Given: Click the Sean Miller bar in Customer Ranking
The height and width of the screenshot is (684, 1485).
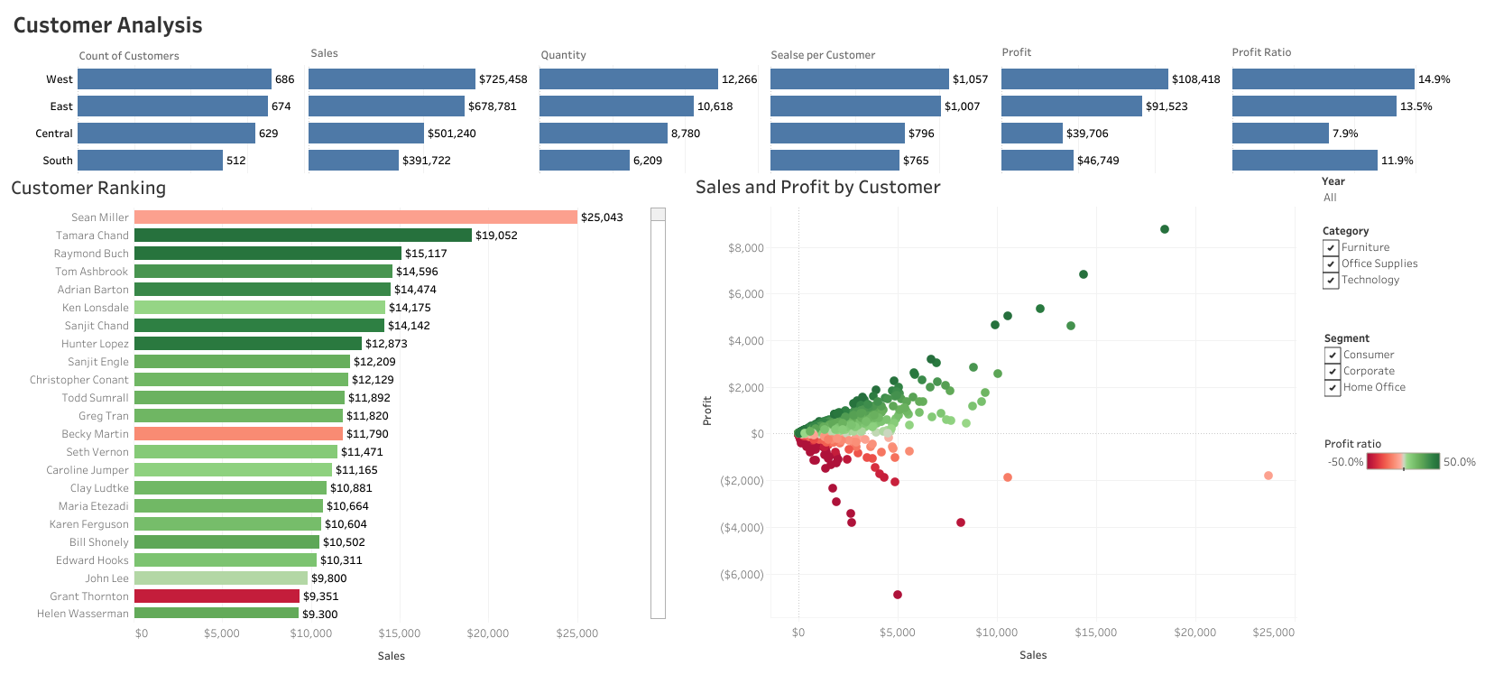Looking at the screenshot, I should pos(355,217).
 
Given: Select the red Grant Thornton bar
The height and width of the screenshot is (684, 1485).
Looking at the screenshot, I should pos(217,596).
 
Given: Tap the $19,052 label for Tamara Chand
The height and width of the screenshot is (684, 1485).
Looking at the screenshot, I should pos(496,236).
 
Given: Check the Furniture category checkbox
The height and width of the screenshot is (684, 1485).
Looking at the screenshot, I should pos(1331,248).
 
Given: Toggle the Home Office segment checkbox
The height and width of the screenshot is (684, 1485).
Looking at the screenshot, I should pos(1333,388).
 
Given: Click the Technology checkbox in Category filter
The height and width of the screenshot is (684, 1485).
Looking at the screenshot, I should pos(1331,281).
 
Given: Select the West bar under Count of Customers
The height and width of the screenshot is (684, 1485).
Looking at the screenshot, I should pos(174,79).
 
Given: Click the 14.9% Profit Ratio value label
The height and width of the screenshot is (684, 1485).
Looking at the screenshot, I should pos(1434,79).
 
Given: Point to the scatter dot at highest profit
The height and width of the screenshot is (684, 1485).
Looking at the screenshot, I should pos(1165,229).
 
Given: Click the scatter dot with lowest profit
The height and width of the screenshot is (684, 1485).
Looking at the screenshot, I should pos(898,595).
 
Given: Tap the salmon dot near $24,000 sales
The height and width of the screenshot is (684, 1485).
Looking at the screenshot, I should pos(1268,476).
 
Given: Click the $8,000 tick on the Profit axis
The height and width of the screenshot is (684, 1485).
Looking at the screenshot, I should pos(745,248).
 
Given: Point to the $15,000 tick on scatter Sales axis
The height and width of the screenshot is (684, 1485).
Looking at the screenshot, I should pos(1095,633).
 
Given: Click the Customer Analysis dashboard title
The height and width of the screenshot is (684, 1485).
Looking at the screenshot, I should pos(107,25).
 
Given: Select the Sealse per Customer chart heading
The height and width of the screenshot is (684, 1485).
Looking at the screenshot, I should pos(822,55).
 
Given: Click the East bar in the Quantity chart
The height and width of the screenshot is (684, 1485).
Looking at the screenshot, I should pos(616,106).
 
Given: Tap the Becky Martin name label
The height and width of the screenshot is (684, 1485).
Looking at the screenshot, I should pos(95,434).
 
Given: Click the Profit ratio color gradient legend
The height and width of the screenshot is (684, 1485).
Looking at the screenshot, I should pos(1403,462).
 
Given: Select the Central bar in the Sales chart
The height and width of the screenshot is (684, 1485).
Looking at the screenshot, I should pos(365,134).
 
